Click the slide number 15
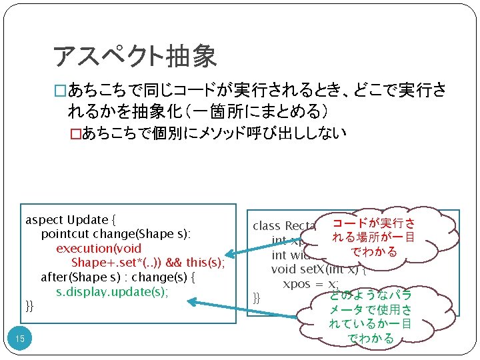coord(20,340)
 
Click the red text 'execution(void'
coord(98,248)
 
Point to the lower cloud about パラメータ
coord(371,317)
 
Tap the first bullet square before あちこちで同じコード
coord(60,92)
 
